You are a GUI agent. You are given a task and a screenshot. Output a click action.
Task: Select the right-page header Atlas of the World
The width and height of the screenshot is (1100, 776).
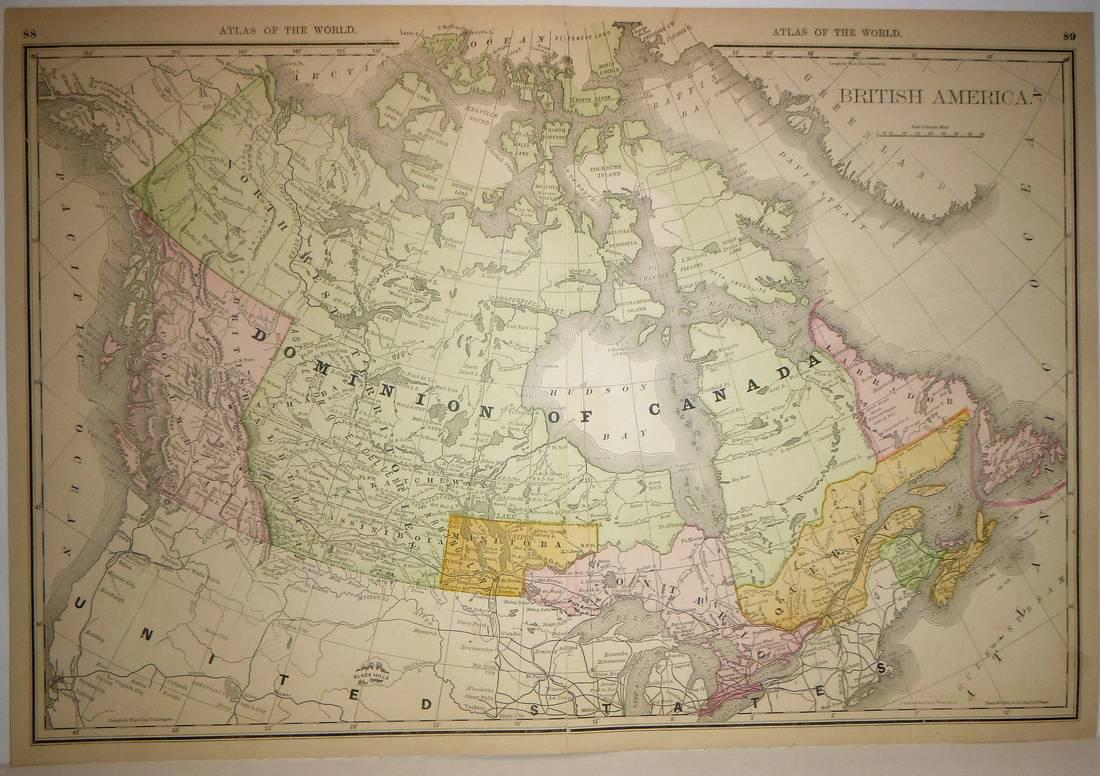click(836, 32)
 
